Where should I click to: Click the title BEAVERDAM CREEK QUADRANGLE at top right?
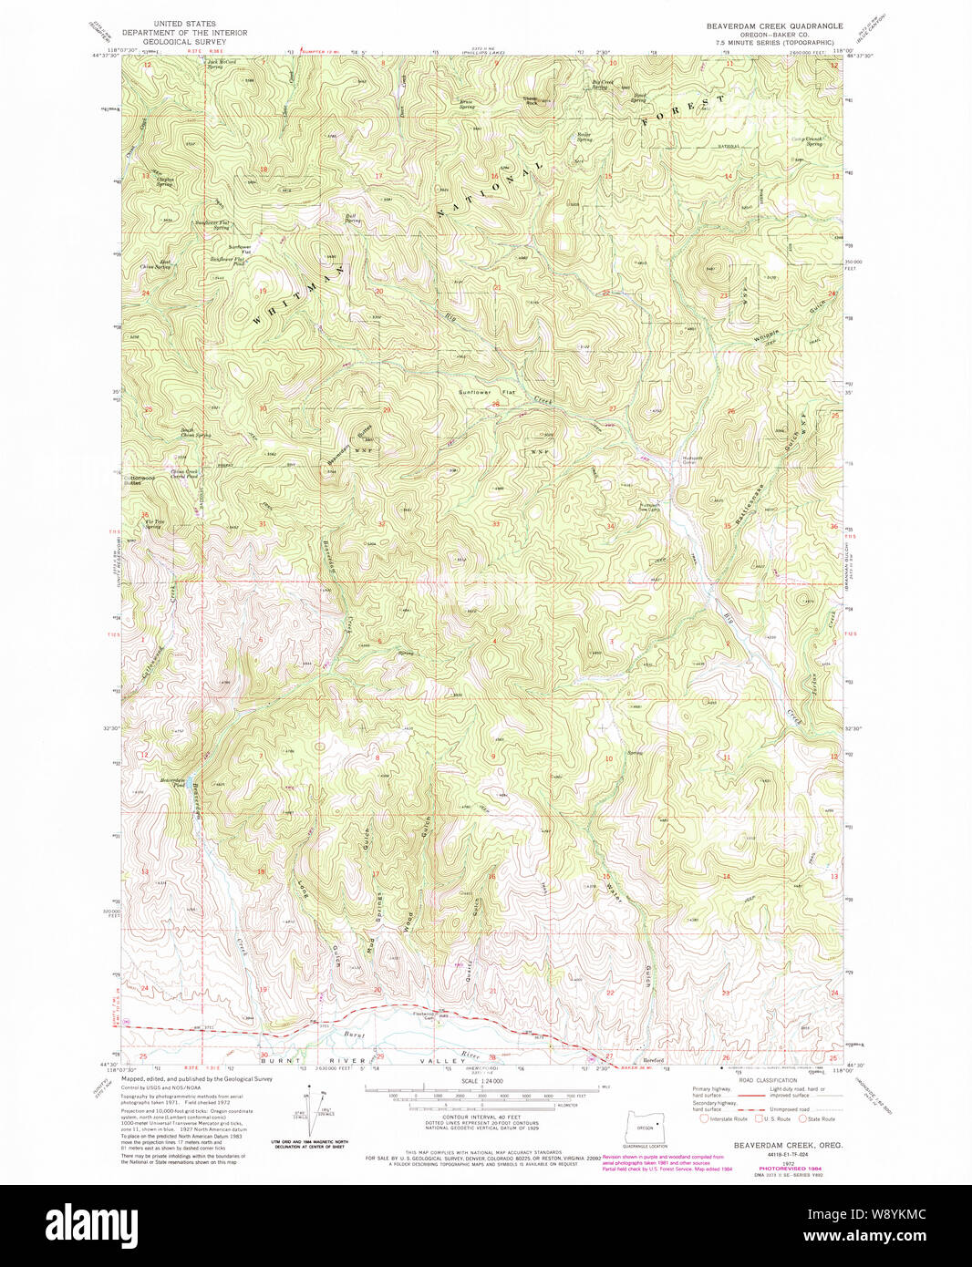coord(775,26)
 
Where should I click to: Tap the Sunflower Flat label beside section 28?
coord(486,392)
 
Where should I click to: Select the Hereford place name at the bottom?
coord(653,1060)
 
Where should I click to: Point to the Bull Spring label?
coord(353,219)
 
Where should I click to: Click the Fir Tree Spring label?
coord(152,524)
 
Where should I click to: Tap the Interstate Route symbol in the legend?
coord(704,1118)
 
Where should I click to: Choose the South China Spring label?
coord(194,433)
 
